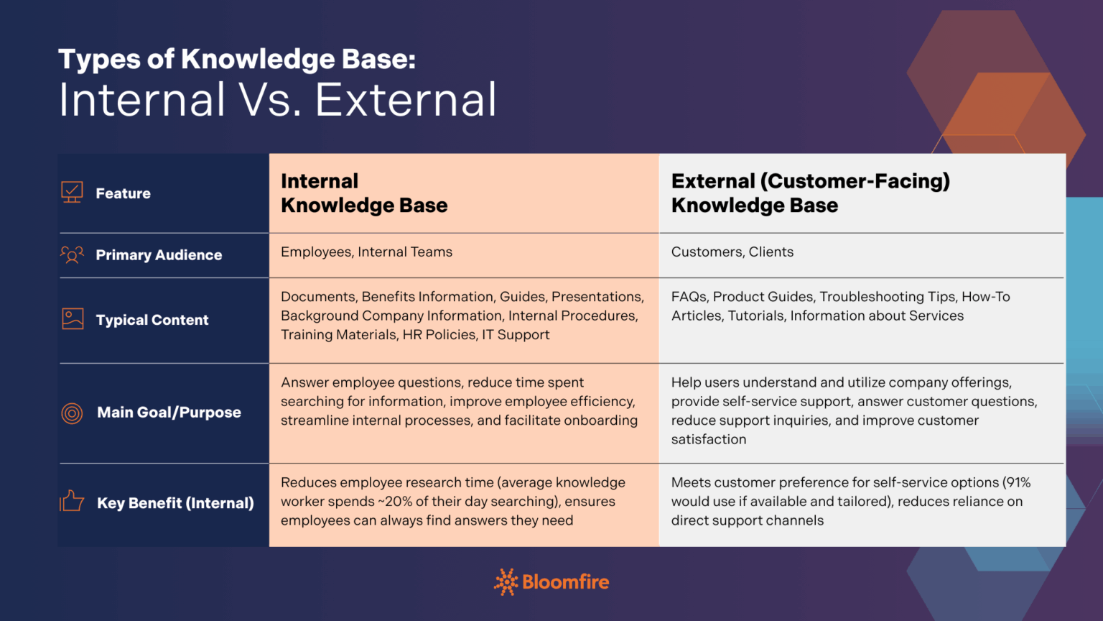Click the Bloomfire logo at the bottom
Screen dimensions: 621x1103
point(551,581)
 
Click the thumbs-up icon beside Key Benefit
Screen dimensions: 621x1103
point(72,501)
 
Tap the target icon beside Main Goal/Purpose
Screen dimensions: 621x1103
point(72,413)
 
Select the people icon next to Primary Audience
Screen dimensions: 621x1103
point(72,254)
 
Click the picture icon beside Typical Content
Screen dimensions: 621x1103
point(73,319)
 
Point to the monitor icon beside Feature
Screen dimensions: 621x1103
point(72,192)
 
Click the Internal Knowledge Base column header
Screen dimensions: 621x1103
point(364,193)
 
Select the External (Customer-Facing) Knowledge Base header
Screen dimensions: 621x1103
point(810,193)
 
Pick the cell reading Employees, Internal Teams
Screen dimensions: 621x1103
point(366,252)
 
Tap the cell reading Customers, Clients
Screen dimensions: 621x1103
point(732,252)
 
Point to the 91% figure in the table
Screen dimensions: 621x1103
point(1017,482)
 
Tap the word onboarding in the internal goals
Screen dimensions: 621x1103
point(601,420)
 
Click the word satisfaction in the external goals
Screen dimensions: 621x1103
point(708,439)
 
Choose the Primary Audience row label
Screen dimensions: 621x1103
point(159,255)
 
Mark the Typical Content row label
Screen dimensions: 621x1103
point(152,320)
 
